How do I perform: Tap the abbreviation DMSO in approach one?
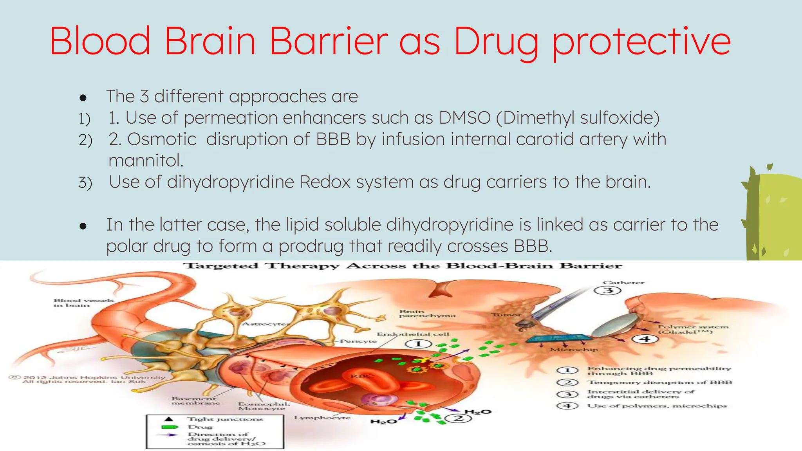pyautogui.click(x=464, y=118)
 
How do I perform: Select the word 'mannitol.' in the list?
pyautogui.click(x=146, y=161)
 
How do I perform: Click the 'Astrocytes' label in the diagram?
pyautogui.click(x=265, y=324)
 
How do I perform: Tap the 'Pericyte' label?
pyautogui.click(x=358, y=341)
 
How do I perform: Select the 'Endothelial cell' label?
pyautogui.click(x=413, y=334)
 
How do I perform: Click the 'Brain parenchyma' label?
pyautogui.click(x=427, y=314)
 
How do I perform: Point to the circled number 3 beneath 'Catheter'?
pyautogui.click(x=608, y=290)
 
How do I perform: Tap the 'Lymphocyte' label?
pyautogui.click(x=322, y=418)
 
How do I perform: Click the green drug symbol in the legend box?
pyautogui.click(x=170, y=427)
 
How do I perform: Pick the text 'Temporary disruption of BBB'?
pyautogui.click(x=660, y=382)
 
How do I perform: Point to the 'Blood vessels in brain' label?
pyautogui.click(x=83, y=303)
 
